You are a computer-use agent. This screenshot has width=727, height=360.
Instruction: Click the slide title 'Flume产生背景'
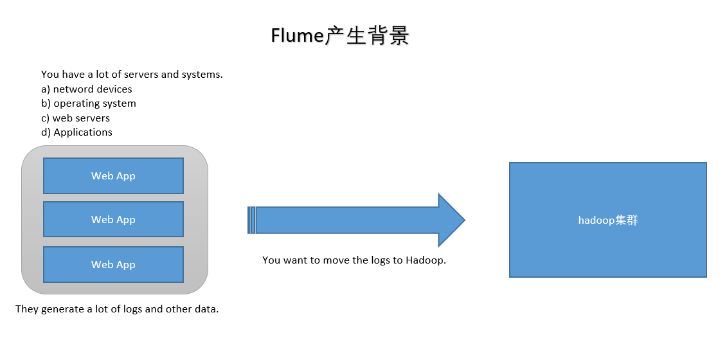click(340, 36)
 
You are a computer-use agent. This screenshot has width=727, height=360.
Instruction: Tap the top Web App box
click(113, 175)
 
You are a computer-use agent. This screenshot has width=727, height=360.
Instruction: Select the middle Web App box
click(113, 219)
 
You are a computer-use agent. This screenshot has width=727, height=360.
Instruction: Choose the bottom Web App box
click(113, 264)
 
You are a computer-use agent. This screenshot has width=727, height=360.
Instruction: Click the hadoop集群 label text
click(607, 220)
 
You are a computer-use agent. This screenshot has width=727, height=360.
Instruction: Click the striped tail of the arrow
click(251, 220)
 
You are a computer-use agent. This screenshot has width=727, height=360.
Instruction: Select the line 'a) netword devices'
click(86, 89)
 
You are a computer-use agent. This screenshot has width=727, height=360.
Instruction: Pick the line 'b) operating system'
click(88, 103)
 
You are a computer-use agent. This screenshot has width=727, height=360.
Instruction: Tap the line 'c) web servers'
click(75, 118)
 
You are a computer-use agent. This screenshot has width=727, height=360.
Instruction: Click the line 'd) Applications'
click(76, 132)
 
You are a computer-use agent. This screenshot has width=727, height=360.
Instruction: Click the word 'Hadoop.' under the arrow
click(426, 260)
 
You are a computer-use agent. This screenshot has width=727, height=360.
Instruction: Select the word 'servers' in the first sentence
click(141, 74)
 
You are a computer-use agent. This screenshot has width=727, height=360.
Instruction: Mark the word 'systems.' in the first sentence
click(202, 74)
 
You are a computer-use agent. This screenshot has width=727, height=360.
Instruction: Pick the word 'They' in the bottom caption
click(27, 309)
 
